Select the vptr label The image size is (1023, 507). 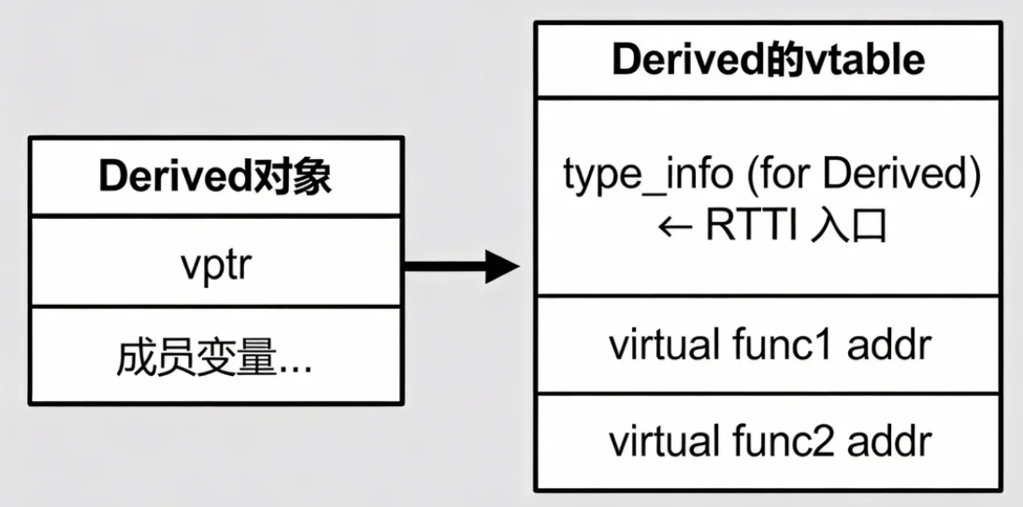[216, 266]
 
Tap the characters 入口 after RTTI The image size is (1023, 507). [847, 226]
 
